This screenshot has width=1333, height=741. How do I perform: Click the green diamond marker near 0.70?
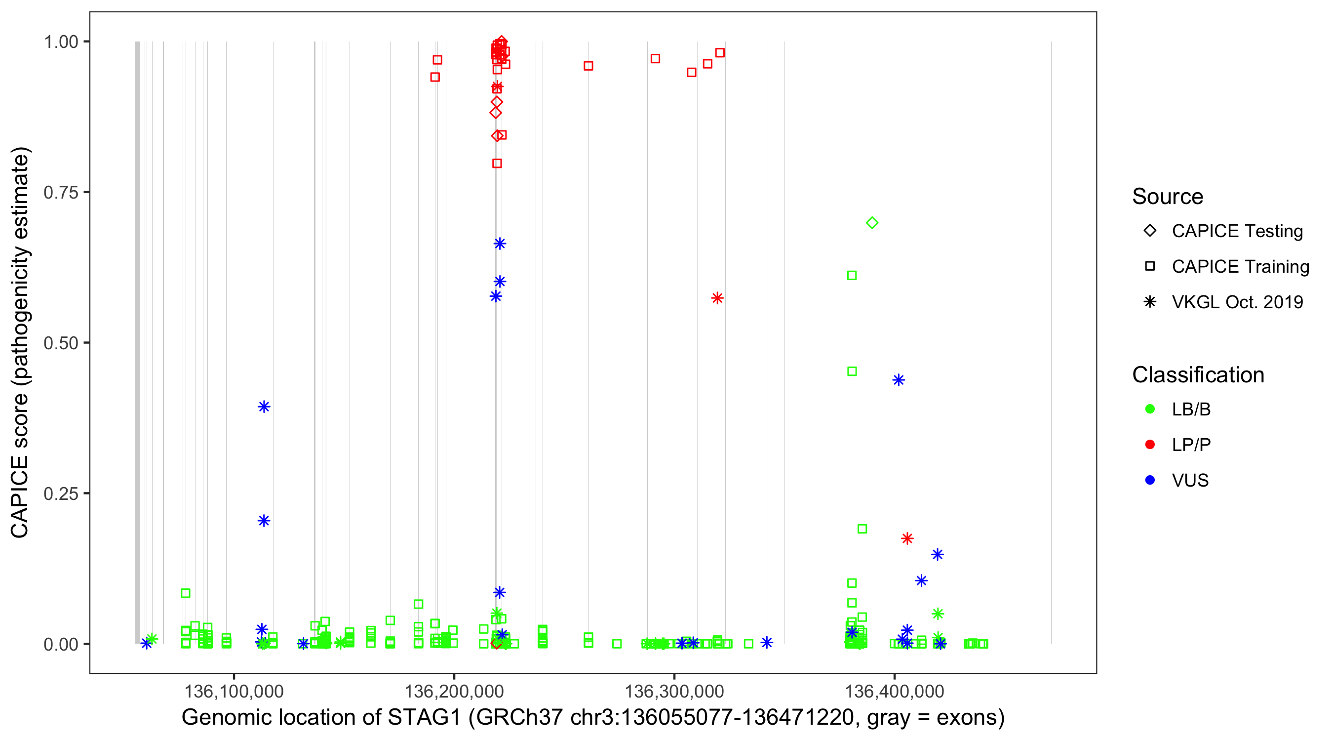click(872, 223)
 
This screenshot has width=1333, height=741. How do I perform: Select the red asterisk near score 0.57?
click(717, 298)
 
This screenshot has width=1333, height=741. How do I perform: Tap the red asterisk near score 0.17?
click(907, 538)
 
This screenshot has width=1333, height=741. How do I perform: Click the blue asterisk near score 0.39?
click(264, 407)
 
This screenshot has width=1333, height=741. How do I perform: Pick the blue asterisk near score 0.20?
click(264, 520)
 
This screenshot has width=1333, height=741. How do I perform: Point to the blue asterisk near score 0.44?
click(899, 380)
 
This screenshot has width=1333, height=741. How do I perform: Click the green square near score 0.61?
click(852, 276)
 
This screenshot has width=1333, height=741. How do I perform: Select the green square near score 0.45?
click(852, 371)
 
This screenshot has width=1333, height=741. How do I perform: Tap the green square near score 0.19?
click(862, 529)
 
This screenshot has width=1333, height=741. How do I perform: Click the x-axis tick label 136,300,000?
click(674, 691)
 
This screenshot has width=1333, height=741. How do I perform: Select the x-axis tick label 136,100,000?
click(234, 691)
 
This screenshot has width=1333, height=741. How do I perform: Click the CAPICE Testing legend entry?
click(1237, 231)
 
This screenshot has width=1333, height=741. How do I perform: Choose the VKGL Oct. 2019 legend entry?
click(1237, 302)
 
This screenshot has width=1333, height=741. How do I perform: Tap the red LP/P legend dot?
click(1150, 445)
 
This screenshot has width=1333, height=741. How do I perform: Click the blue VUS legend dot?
click(1150, 480)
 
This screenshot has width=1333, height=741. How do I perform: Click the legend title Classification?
click(1198, 375)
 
